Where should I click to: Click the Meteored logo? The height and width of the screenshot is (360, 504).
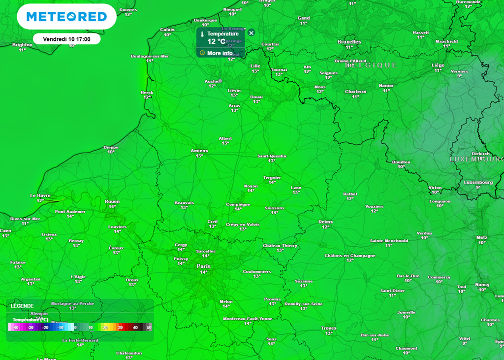[x=66, y=17]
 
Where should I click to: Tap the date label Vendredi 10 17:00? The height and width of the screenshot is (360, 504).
[x=66, y=38]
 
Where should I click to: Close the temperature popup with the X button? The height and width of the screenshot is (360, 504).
[x=252, y=33]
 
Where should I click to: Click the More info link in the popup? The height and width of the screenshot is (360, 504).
[x=220, y=53]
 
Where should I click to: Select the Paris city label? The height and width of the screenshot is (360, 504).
[x=203, y=266]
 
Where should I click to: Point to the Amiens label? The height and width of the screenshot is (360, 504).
[x=199, y=151]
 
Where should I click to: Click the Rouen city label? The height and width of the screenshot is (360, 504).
[x=112, y=201]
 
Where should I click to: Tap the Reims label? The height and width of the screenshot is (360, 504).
[x=325, y=222]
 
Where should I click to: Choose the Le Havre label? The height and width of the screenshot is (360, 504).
[x=40, y=196]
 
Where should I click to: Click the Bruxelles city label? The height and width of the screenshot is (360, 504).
[x=349, y=42]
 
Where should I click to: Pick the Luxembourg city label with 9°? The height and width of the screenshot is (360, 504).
[x=478, y=182]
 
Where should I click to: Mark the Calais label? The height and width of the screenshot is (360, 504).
[x=167, y=30]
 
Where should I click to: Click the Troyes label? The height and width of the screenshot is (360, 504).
[x=329, y=328]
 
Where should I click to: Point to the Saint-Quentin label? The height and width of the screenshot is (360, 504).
[x=272, y=156]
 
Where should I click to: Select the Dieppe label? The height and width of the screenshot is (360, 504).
[x=111, y=147]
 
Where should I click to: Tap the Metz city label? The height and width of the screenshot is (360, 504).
[x=482, y=237]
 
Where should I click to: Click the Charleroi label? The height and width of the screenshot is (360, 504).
[x=355, y=92]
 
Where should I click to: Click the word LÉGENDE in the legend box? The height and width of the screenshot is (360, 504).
[x=22, y=306]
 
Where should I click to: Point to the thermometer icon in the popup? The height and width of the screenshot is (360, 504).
[x=202, y=34]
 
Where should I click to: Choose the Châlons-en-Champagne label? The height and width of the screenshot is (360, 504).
[x=350, y=256]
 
